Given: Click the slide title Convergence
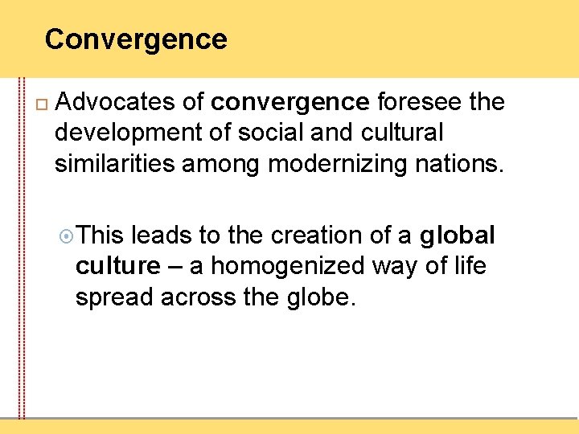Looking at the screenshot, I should coord(136,39).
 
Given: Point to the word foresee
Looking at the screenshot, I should coord(417,102).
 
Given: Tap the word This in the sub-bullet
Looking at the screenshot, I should coord(101,235).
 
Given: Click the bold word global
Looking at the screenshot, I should coord(457,235).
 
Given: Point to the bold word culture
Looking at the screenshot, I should coord(118,266).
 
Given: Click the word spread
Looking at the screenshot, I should coord(115,297).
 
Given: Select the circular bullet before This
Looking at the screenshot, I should coord(68,236).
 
